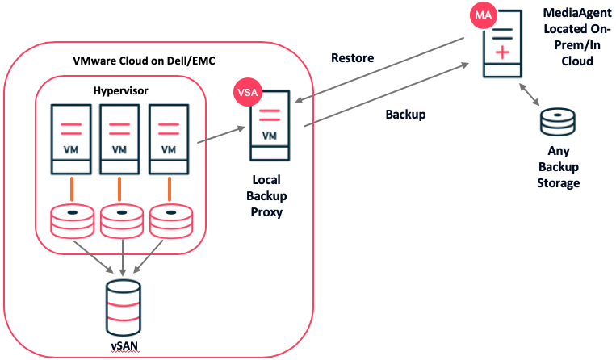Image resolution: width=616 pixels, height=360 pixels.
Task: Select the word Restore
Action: click(x=352, y=58)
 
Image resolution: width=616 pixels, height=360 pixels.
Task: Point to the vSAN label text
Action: click(x=124, y=347)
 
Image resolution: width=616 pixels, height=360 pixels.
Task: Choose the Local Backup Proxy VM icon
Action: click(x=270, y=129)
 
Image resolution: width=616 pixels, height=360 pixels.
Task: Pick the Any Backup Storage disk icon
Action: click(x=558, y=124)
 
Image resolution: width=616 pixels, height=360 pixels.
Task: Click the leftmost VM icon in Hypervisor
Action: click(x=70, y=138)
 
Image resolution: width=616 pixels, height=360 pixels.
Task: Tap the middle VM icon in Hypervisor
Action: click(x=119, y=138)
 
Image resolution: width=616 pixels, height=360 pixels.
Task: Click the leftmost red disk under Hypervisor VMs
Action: click(x=71, y=220)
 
